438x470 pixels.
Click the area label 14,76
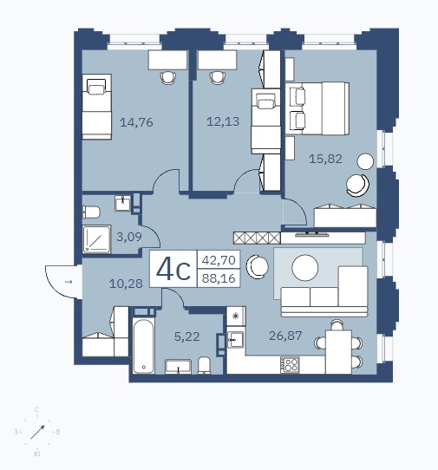click(x=136, y=122)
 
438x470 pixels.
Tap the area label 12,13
click(x=223, y=121)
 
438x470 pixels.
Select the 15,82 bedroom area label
click(x=325, y=159)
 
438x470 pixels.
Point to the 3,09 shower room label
click(x=129, y=237)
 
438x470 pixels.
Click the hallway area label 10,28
click(x=126, y=284)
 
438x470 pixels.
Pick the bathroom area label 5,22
click(x=186, y=336)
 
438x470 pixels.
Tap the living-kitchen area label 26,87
click(x=285, y=336)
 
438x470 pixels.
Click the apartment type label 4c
click(x=173, y=270)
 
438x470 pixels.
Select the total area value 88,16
click(x=219, y=278)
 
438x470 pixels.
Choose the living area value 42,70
click(x=219, y=260)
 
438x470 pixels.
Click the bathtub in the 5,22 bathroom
click(x=144, y=346)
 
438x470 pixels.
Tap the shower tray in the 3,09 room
click(x=97, y=238)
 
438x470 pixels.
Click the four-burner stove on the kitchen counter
click(x=290, y=365)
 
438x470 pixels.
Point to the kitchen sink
click(x=235, y=339)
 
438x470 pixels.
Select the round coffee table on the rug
click(x=305, y=268)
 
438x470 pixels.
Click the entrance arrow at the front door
click(x=69, y=282)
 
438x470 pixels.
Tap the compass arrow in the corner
click(x=37, y=432)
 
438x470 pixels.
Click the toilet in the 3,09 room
click(x=91, y=212)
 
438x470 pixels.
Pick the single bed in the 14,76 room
click(x=97, y=107)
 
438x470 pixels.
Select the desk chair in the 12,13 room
click(x=218, y=78)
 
